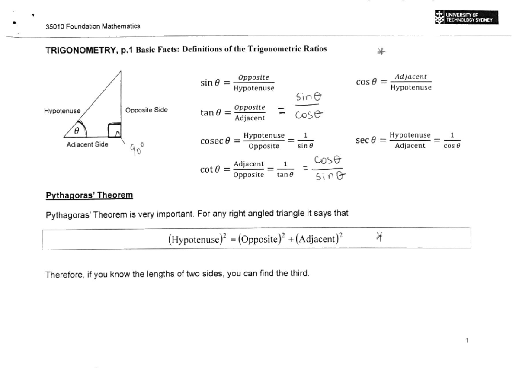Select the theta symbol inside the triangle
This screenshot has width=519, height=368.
pos(77,130)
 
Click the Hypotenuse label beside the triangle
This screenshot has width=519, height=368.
pos(62,111)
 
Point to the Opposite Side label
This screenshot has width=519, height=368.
pos(146,110)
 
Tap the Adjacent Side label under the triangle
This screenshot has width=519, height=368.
pos(87,144)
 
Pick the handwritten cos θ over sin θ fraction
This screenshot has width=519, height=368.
pos(327,168)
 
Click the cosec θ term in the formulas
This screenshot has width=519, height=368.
pos(215,141)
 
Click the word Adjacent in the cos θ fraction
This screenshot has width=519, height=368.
pos(410,77)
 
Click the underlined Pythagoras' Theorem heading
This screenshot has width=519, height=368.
pos(89,195)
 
